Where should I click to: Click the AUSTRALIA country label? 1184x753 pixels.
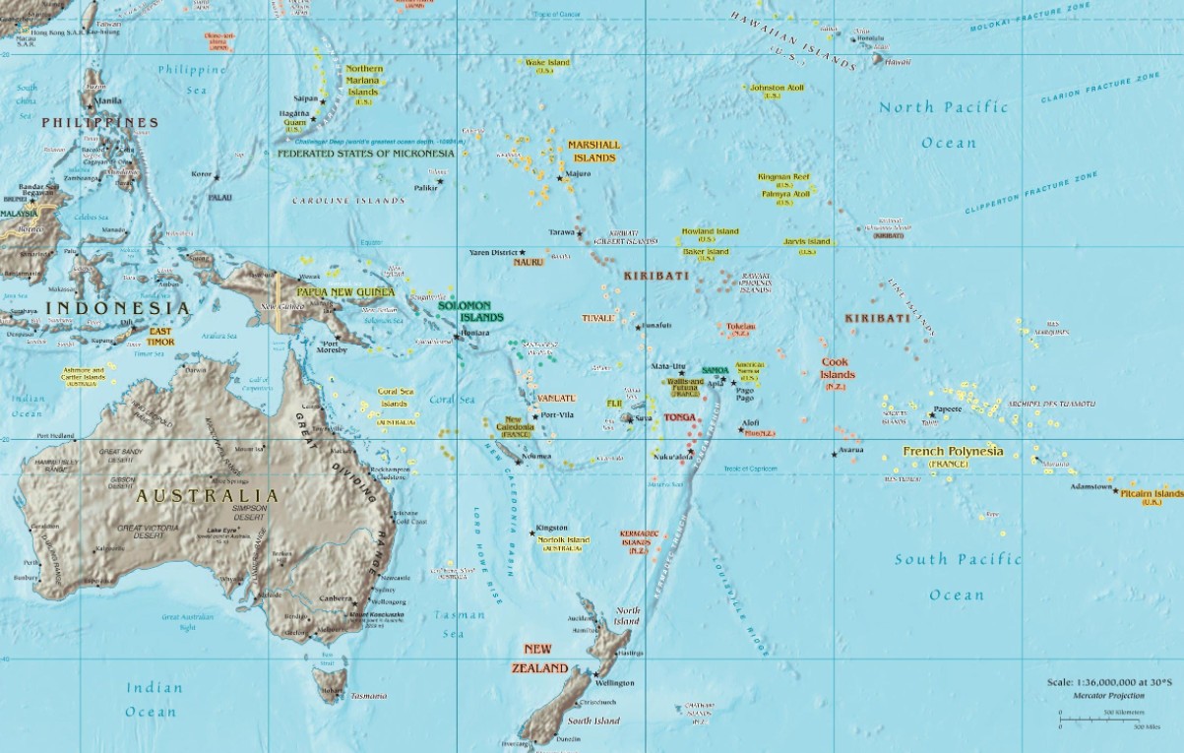click(207, 495)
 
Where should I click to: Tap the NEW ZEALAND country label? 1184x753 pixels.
click(539, 659)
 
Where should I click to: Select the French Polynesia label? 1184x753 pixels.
click(953, 452)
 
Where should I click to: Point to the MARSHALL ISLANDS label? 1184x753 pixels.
click(592, 151)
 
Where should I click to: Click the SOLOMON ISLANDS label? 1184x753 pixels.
click(469, 312)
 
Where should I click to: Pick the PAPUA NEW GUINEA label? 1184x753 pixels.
click(345, 291)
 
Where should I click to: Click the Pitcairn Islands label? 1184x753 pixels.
click(1152, 492)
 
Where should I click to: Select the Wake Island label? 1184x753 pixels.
click(548, 62)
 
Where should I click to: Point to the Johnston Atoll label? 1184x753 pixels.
click(777, 88)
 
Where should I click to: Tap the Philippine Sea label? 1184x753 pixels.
click(192, 79)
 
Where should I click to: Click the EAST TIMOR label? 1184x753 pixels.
click(160, 337)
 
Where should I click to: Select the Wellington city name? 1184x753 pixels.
click(614, 682)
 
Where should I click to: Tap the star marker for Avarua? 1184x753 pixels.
click(835, 453)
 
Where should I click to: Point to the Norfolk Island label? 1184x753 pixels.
click(564, 539)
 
